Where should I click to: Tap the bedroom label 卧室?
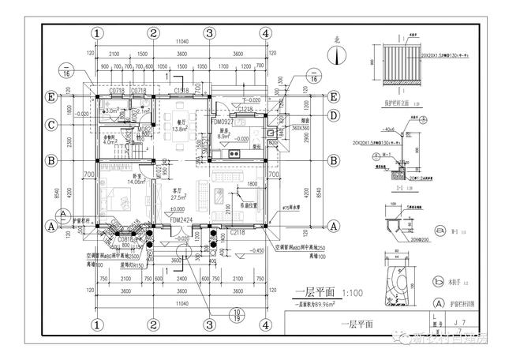137,175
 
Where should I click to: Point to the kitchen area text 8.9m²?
223,137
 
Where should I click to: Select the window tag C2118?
239,233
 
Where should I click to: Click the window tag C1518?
181,92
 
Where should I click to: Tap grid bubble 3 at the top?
210,34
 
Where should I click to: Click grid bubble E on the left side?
52,97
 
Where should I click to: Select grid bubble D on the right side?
334,116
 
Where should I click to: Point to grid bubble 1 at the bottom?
97,324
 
